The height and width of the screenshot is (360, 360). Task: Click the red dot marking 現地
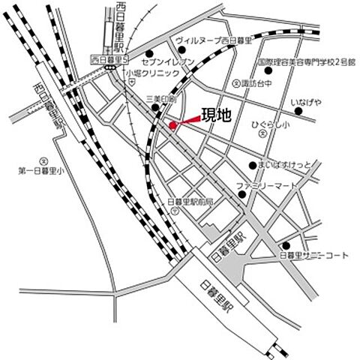[172, 125]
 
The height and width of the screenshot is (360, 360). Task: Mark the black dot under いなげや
[298, 112]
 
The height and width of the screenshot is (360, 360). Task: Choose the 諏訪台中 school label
[256, 84]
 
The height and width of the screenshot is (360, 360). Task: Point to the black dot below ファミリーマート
[243, 196]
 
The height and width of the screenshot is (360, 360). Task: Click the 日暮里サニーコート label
[314, 255]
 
